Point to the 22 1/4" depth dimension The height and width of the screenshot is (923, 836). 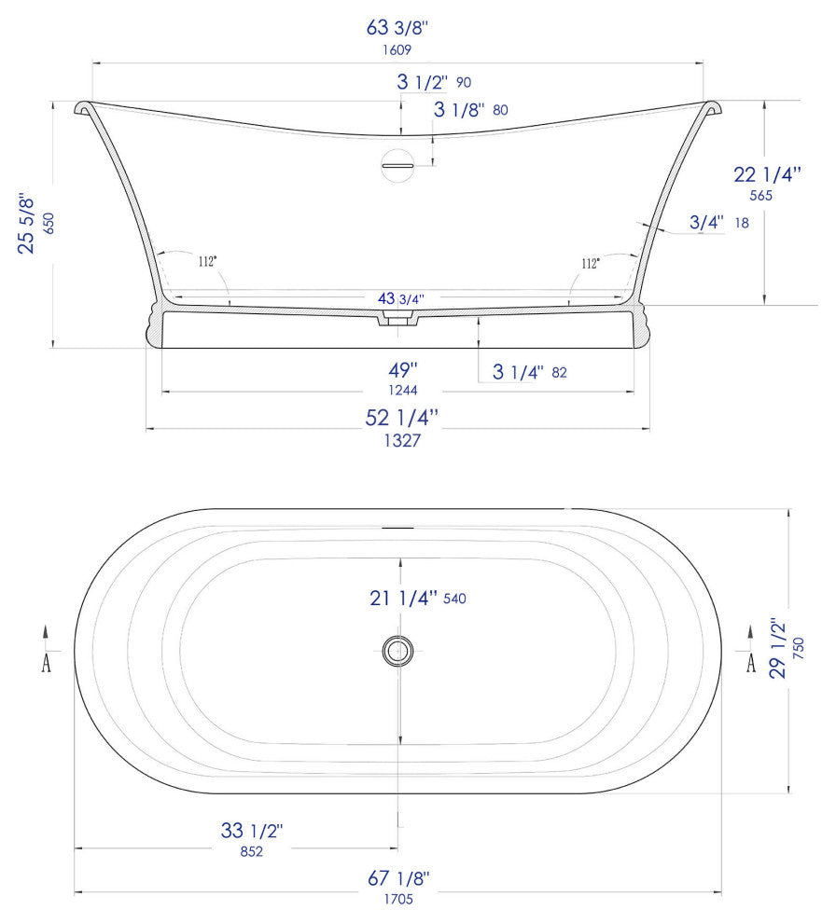point(768,174)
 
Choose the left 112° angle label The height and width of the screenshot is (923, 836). point(207,262)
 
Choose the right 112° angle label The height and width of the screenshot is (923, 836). point(590,263)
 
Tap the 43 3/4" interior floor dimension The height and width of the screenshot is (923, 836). point(400,298)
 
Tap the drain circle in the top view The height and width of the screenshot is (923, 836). point(398,650)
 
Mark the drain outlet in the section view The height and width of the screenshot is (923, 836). point(398,321)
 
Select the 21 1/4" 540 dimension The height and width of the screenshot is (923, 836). point(417,599)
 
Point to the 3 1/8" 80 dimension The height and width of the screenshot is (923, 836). point(471,110)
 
